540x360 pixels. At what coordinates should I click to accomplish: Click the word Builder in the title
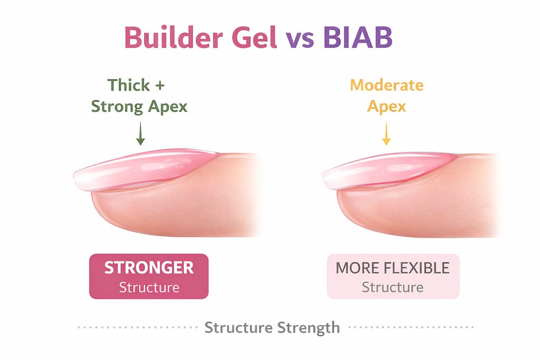[x=173, y=37]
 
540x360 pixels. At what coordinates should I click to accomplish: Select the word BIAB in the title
[x=358, y=37]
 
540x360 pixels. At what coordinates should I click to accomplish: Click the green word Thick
[x=129, y=85]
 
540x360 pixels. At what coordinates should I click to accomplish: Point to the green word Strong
[x=117, y=106]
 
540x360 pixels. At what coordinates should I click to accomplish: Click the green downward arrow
[x=140, y=133]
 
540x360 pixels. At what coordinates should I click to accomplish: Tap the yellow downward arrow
[x=387, y=133]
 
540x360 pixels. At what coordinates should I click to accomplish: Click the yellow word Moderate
[x=387, y=85]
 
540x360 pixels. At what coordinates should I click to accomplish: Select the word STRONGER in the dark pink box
[x=149, y=268]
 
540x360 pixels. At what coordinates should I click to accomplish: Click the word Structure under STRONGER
[x=149, y=287]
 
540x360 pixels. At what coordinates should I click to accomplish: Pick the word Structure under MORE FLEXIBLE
[x=392, y=287]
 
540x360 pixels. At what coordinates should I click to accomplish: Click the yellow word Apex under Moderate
[x=387, y=106]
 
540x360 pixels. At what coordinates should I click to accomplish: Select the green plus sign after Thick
[x=159, y=86]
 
